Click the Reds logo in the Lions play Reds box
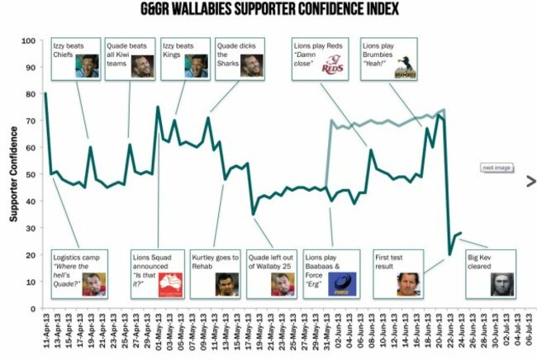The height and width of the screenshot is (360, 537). pyautogui.click(x=332, y=65)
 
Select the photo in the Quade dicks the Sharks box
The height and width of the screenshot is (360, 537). pyautogui.click(x=251, y=66)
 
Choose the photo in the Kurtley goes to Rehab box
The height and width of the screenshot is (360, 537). pyautogui.click(x=224, y=283)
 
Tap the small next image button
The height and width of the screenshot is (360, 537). pyautogui.click(x=497, y=168)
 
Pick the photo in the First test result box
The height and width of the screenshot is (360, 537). pyautogui.click(x=409, y=283)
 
